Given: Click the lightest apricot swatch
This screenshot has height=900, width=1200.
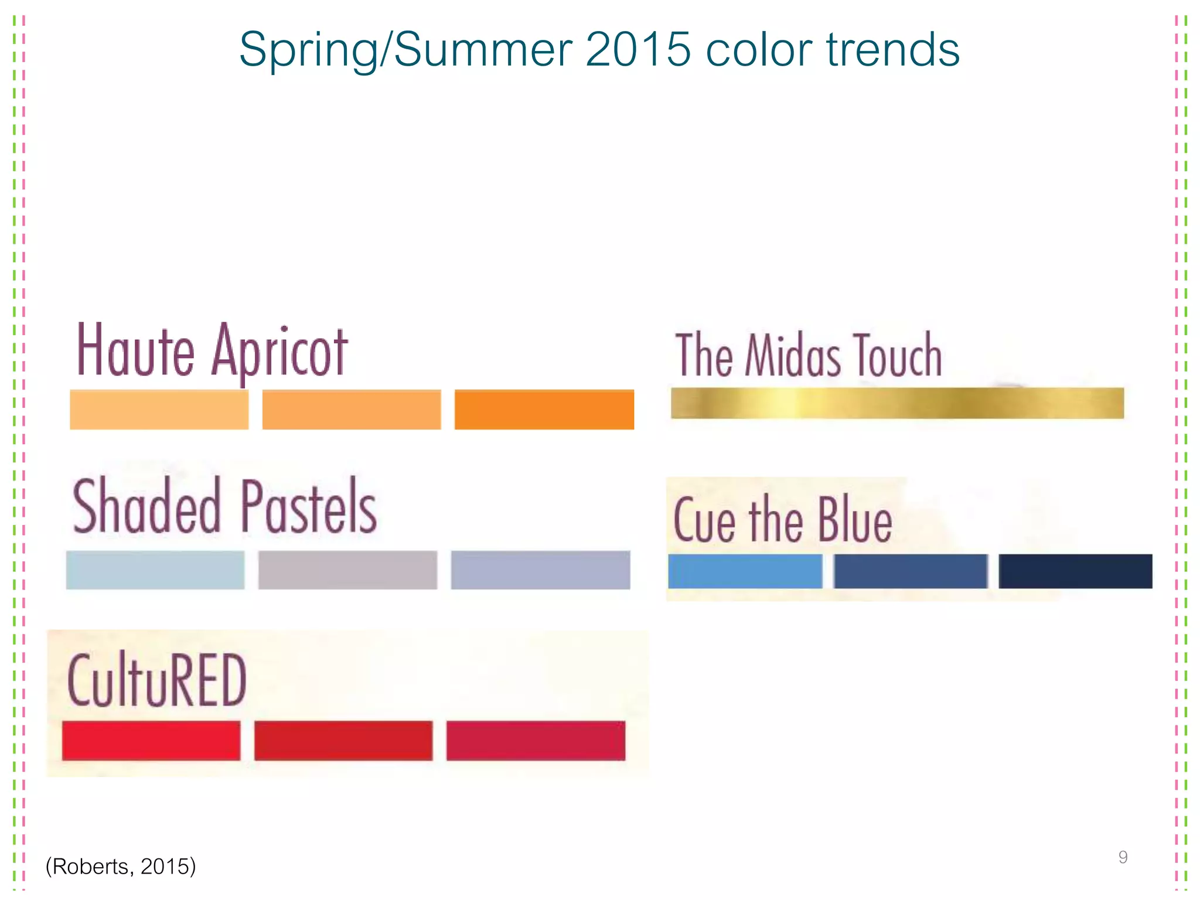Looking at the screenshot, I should pyautogui.click(x=159, y=410).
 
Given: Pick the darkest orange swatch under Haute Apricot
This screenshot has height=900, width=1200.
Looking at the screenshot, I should pyautogui.click(x=544, y=410).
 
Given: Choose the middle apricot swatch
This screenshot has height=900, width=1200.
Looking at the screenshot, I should pyautogui.click(x=352, y=410).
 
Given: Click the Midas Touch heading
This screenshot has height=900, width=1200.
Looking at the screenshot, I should pyautogui.click(x=809, y=355).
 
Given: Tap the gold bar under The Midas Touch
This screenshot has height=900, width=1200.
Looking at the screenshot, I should pyautogui.click(x=897, y=403).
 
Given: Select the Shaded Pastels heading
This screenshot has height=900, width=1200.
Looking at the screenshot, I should pyautogui.click(x=224, y=506).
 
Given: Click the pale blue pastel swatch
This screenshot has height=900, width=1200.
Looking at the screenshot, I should pyautogui.click(x=155, y=570).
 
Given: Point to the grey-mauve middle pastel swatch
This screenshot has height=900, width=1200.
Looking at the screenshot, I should pyautogui.click(x=347, y=570).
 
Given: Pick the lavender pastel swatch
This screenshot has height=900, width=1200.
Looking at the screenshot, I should pyautogui.click(x=540, y=570).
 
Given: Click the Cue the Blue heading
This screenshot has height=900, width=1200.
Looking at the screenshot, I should pyautogui.click(x=782, y=520).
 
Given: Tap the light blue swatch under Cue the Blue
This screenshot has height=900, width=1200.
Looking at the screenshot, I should pyautogui.click(x=745, y=571).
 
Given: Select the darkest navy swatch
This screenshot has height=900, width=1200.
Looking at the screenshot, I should pyautogui.click(x=1075, y=571).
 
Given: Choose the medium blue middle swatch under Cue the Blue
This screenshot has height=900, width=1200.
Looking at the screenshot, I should pyautogui.click(x=911, y=571).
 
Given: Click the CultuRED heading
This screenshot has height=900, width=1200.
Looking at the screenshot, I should pyautogui.click(x=157, y=680).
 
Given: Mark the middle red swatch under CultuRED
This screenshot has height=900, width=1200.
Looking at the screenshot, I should pyautogui.click(x=343, y=741).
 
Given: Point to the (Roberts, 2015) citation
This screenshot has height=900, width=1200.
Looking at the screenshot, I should pyautogui.click(x=121, y=866).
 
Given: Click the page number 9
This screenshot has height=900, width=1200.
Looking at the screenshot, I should pyautogui.click(x=1123, y=857).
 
